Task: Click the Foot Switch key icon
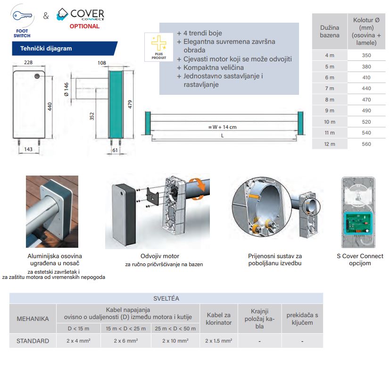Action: (22, 15)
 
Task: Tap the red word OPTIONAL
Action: (84, 26)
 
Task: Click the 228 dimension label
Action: (28, 62)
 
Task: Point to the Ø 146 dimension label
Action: (66, 89)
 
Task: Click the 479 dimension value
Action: (130, 104)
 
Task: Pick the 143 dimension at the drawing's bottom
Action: (28, 149)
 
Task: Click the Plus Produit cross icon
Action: (158, 42)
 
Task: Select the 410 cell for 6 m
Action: (366, 77)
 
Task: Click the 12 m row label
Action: (329, 144)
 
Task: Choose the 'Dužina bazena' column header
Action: (330, 32)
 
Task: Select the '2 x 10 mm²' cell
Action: (175, 340)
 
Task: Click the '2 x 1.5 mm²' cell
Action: (218, 340)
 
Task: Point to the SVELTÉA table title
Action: (166, 298)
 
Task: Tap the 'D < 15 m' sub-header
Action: (77, 328)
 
